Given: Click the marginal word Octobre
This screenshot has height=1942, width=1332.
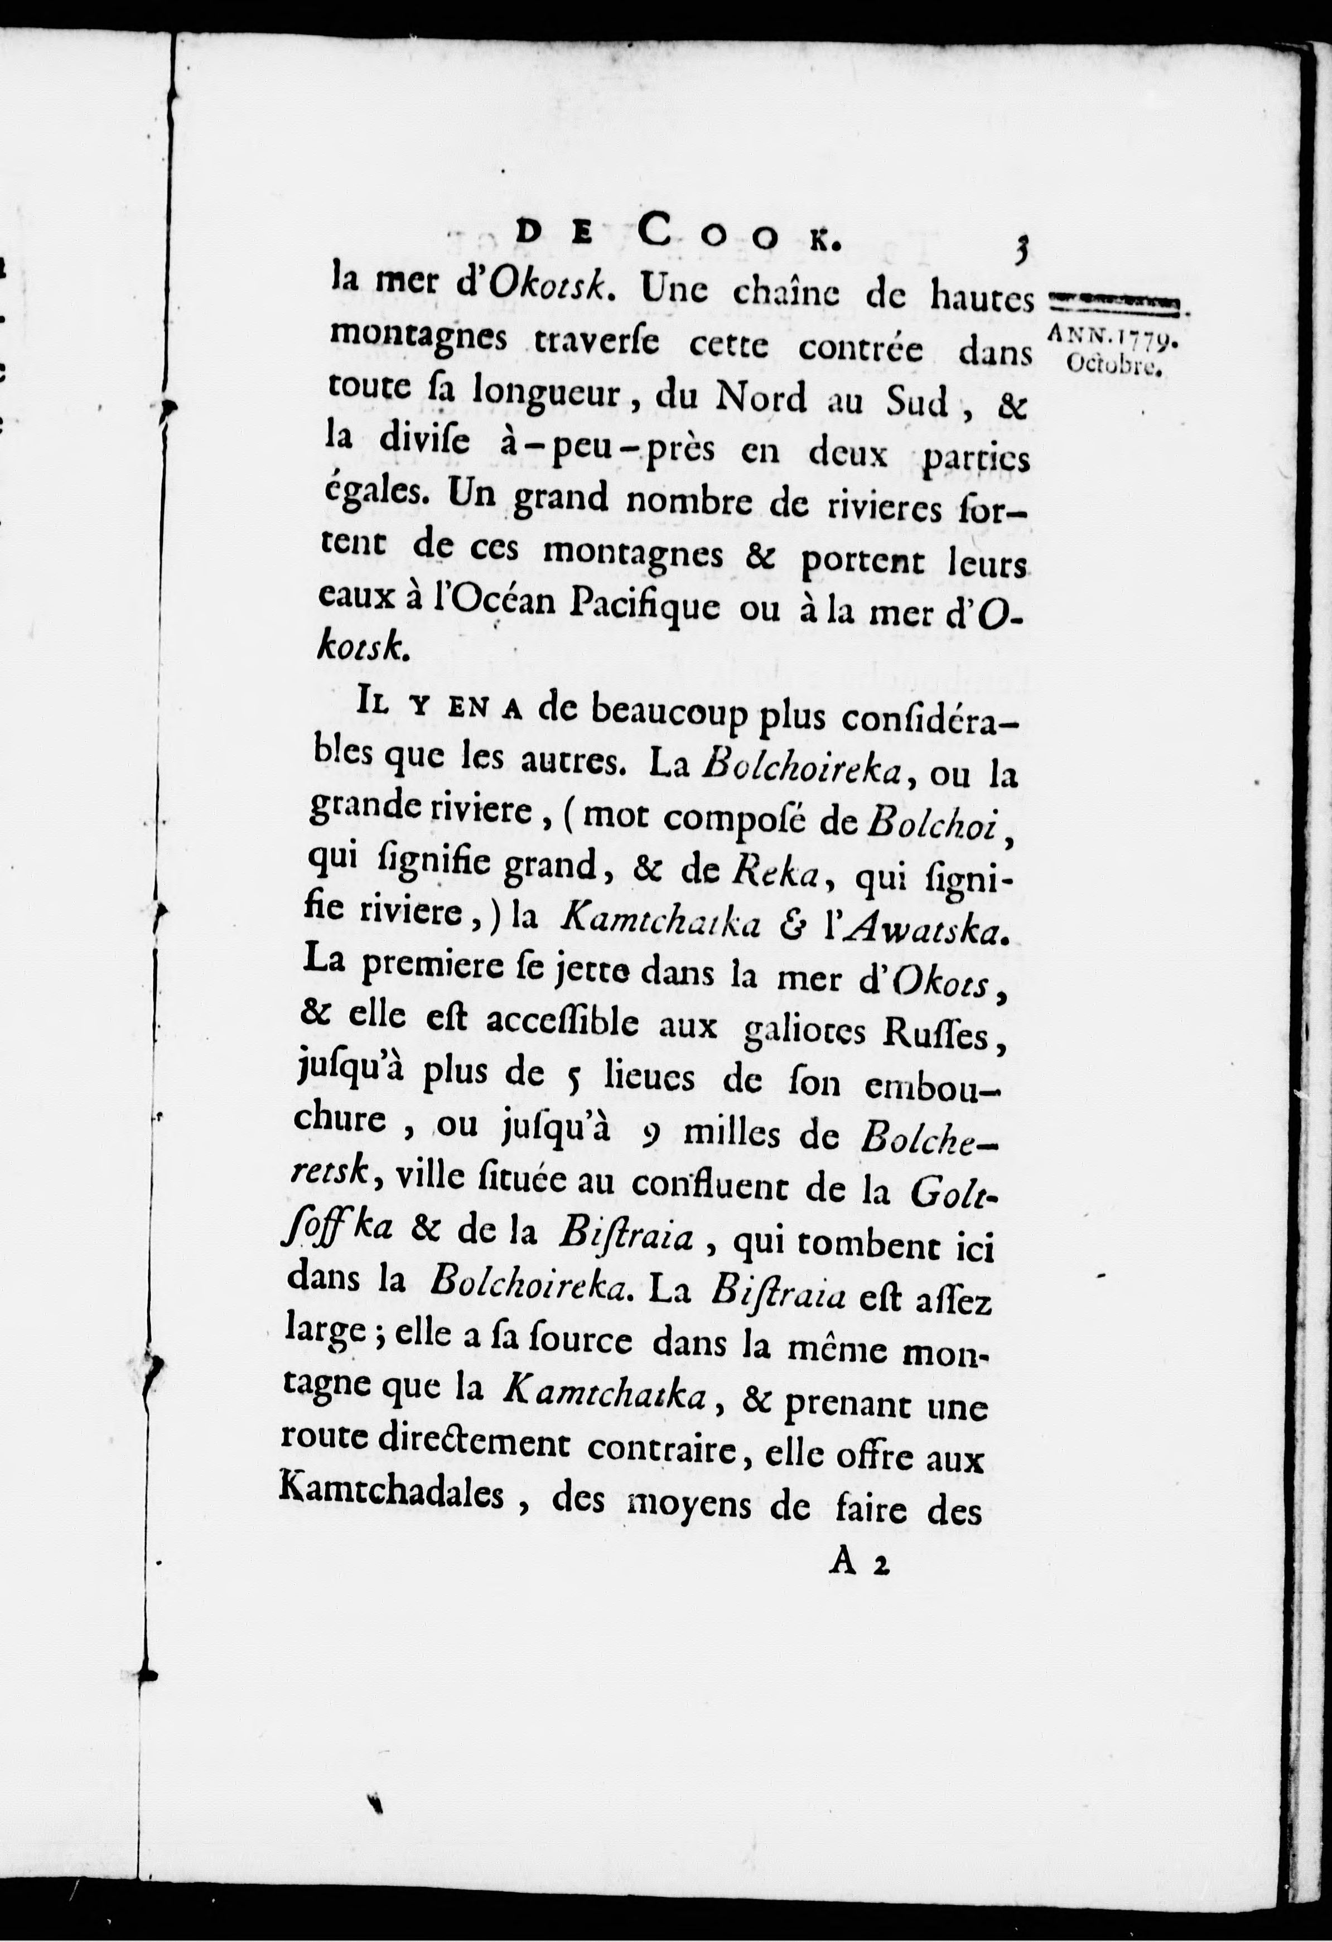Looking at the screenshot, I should point(1114,365).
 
